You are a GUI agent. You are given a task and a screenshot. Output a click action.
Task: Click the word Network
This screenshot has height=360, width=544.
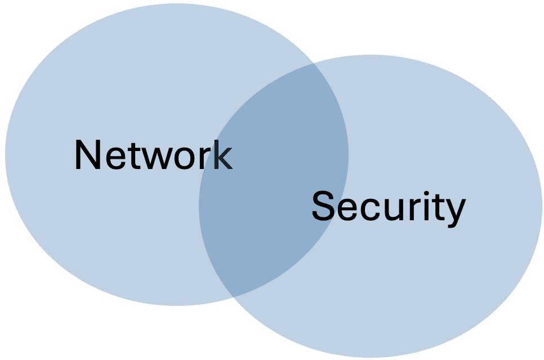tap(153, 155)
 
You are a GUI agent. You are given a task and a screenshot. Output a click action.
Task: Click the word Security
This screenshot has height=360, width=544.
tap(389, 207)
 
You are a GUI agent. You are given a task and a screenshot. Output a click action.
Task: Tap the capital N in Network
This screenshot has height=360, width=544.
tap(86, 155)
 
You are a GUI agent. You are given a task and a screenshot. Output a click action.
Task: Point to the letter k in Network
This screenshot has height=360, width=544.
tap(222, 155)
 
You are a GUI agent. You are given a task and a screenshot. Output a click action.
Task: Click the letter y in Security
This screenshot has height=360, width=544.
tap(454, 212)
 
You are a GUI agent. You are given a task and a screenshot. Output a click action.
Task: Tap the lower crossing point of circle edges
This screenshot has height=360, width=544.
tap(231, 296)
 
